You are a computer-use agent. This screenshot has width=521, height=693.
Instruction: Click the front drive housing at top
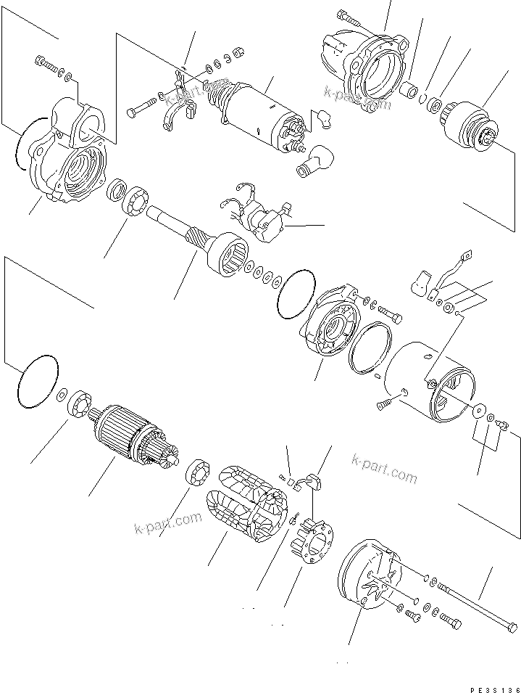tap(365, 66)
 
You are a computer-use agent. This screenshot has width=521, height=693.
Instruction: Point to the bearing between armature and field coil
tap(197, 476)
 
